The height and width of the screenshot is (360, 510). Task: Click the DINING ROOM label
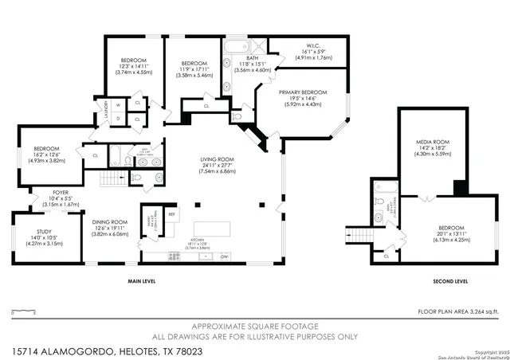pos(109,222)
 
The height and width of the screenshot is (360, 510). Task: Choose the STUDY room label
pos(45,233)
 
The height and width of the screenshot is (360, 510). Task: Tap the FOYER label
pos(61,192)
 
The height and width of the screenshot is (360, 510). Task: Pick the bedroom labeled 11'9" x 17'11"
pos(194,64)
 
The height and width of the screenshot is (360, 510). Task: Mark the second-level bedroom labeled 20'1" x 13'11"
pos(449,228)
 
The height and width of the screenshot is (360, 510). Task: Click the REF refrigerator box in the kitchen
pos(171,213)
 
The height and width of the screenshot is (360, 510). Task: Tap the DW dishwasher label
pos(225,256)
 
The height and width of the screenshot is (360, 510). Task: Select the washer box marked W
pos(119,105)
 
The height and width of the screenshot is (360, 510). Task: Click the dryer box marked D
pos(119,119)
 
